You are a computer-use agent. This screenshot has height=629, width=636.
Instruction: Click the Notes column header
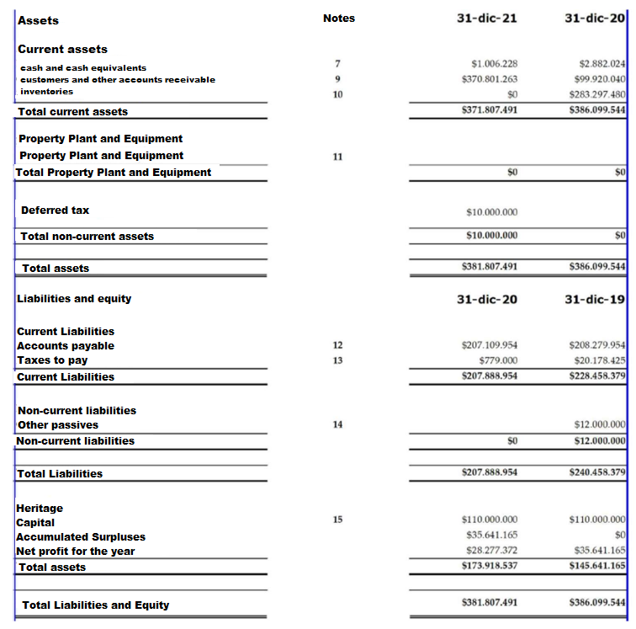[x=338, y=19]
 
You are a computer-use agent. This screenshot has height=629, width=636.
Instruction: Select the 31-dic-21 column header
[x=486, y=19]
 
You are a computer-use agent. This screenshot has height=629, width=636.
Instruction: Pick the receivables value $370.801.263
[x=490, y=79]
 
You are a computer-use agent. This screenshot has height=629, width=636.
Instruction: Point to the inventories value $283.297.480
[x=597, y=93]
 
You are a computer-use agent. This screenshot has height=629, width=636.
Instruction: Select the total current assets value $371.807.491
[x=490, y=110]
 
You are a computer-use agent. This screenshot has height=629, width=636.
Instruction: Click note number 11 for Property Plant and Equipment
[x=337, y=157]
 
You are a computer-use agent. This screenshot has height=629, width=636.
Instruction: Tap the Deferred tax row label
[x=55, y=211]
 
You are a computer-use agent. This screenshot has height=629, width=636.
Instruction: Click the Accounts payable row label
[x=66, y=346]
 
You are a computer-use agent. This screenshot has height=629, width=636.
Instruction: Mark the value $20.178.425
[x=597, y=360]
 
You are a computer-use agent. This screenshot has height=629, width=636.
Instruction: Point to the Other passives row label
[x=58, y=425]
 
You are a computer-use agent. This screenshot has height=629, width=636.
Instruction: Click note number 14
[x=337, y=425]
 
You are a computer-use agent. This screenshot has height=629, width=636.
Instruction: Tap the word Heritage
[x=40, y=509]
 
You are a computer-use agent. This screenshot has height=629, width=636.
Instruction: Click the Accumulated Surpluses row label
[x=81, y=537]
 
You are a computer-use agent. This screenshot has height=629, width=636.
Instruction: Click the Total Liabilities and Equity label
[x=95, y=605]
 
